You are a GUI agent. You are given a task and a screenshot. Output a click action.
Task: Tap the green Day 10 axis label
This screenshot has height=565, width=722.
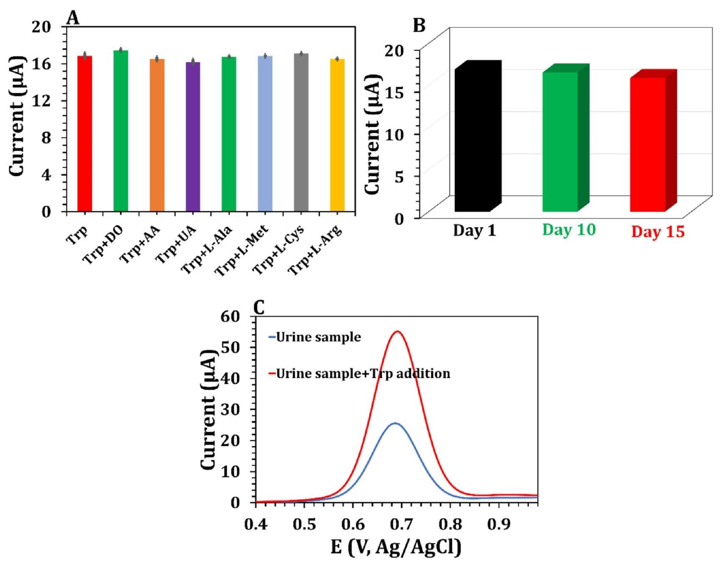pyautogui.click(x=569, y=230)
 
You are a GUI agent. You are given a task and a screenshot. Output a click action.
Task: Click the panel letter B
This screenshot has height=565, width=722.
pyautogui.click(x=419, y=26)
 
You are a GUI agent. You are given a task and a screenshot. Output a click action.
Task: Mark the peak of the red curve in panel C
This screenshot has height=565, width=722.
pyautogui.click(x=398, y=332)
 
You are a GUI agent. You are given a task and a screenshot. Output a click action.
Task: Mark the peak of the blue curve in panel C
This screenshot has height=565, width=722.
pyautogui.click(x=395, y=423)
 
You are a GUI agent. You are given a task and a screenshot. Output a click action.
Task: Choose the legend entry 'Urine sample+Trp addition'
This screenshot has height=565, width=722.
pyautogui.click(x=363, y=374)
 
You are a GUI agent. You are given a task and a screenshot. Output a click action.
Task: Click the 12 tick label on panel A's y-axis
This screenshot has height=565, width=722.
pyautogui.click(x=42, y=101)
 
